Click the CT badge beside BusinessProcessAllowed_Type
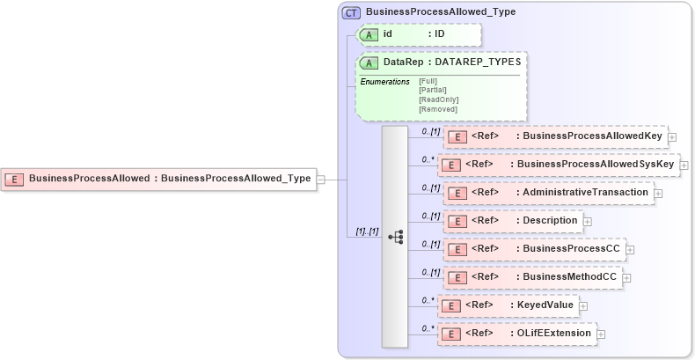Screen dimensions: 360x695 click(351, 12)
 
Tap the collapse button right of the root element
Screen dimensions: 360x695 click(321, 179)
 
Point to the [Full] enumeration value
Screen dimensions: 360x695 click(428, 81)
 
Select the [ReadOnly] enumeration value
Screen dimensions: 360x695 click(438, 99)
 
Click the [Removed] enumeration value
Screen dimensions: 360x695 click(437, 109)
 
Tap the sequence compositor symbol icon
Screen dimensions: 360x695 click(395, 236)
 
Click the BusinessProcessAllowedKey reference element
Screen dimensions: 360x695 click(554, 136)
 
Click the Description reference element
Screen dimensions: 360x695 click(512, 220)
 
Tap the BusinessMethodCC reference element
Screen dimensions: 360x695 click(531, 277)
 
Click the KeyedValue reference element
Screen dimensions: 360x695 click(508, 305)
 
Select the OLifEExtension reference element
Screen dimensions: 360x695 click(517, 334)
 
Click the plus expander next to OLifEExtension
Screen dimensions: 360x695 click(602, 334)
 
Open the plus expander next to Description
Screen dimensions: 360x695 click(588, 221)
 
